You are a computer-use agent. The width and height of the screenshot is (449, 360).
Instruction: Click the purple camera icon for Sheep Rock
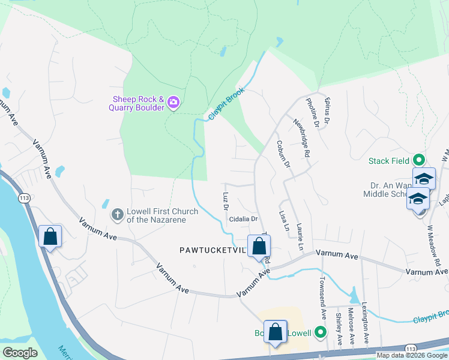pos(173,103)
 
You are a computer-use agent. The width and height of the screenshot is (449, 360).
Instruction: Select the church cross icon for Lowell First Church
pos(118,214)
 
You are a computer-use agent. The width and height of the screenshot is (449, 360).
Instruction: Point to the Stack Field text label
pos(389,161)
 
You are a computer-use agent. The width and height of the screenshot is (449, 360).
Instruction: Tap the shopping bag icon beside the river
pos(50,236)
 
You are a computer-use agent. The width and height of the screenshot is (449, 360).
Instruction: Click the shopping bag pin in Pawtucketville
pos(259,246)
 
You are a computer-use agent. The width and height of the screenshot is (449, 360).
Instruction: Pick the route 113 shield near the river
pos(25,197)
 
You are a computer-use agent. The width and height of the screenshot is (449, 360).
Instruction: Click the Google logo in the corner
pos(20,353)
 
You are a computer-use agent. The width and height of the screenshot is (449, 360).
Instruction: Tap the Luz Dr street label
pos(226,201)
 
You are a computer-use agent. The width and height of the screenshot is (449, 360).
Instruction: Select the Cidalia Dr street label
pos(243,220)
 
